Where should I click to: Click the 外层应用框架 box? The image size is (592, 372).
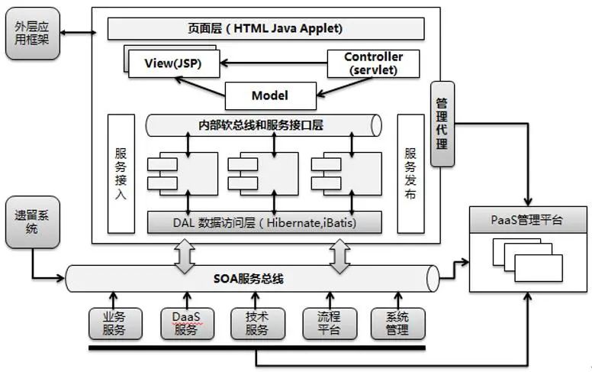click(x=32, y=35)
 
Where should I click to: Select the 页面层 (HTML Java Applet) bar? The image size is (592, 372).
click(x=265, y=29)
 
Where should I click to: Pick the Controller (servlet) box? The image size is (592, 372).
click(x=373, y=63)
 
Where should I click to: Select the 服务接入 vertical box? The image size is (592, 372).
click(x=121, y=173)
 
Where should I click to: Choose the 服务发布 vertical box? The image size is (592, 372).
click(x=410, y=173)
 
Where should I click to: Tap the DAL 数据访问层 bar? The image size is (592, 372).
click(x=264, y=223)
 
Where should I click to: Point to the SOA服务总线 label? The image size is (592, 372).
click(x=249, y=279)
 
